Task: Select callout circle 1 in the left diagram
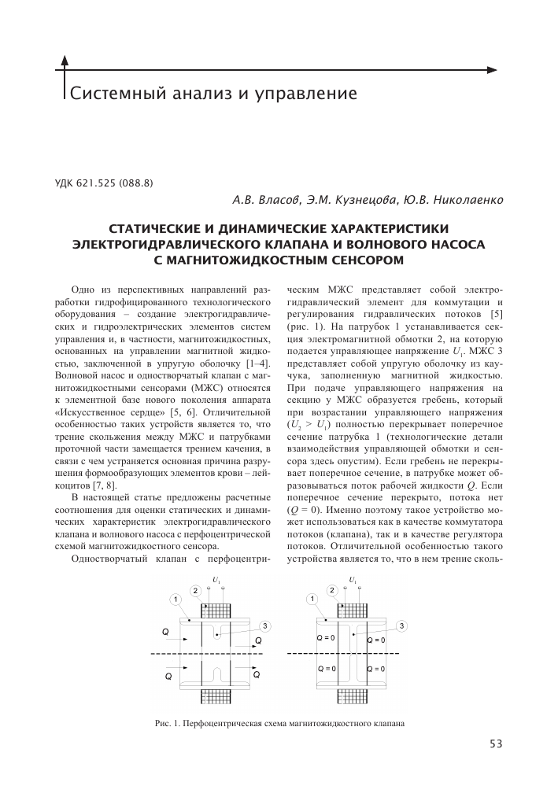(x=174, y=600)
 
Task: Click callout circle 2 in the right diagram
(x=332, y=590)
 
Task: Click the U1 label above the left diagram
(x=215, y=581)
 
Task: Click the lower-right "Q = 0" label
(x=376, y=669)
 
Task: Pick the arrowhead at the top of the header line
(x=65, y=59)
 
